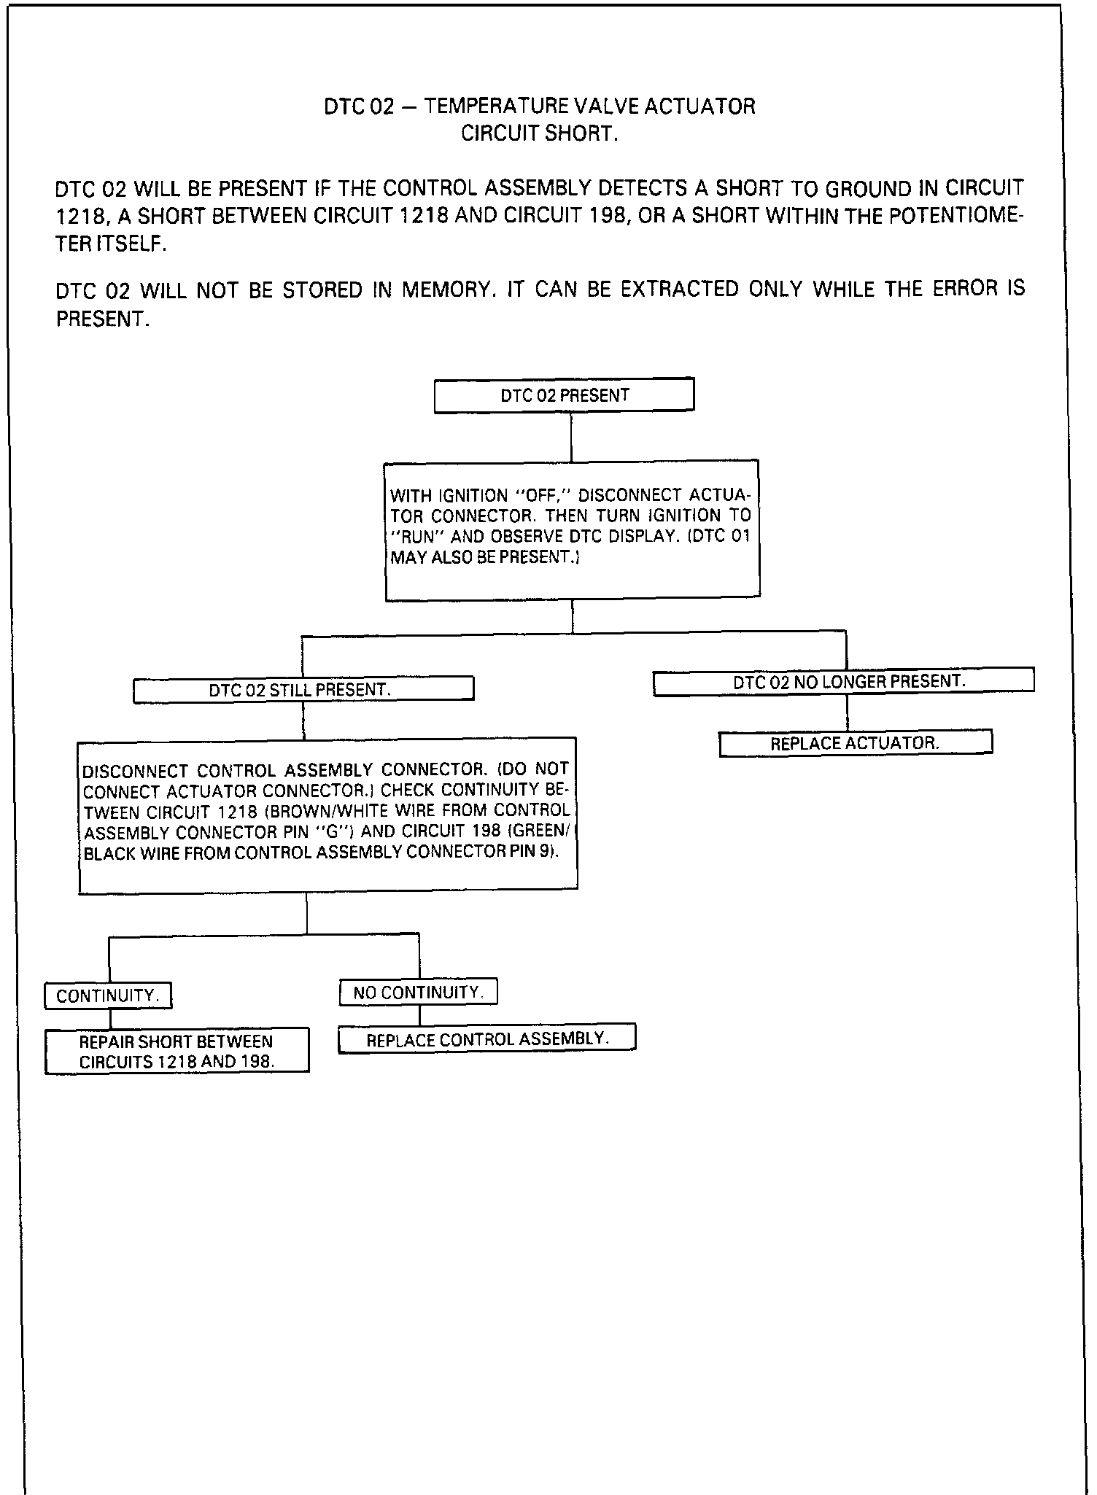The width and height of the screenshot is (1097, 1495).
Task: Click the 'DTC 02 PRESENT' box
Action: click(x=564, y=395)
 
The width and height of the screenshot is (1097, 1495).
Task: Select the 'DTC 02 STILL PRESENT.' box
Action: click(x=303, y=689)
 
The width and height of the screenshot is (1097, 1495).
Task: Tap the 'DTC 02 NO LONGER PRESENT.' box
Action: click(x=843, y=682)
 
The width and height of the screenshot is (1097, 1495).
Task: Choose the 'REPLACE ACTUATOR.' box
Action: click(x=855, y=743)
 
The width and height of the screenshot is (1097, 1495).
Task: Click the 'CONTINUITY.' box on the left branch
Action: click(x=108, y=996)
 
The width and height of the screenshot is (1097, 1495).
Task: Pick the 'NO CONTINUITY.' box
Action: click(x=418, y=993)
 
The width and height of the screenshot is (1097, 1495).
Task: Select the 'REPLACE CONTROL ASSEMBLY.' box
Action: click(x=487, y=1039)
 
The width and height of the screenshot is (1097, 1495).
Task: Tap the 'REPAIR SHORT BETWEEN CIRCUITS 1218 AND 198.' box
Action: click(x=177, y=1051)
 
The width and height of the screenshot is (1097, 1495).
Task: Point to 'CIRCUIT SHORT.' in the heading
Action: click(x=539, y=134)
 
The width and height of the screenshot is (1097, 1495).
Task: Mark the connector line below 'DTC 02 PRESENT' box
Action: click(x=571, y=436)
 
